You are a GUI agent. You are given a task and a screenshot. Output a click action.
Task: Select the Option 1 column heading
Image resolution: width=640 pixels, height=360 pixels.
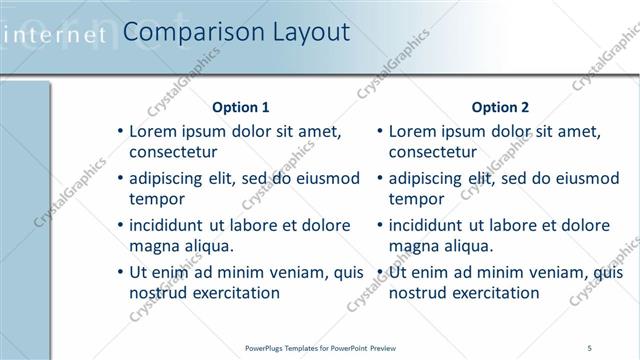point(241,107)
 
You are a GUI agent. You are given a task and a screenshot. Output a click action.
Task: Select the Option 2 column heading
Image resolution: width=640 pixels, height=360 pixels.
point(500,107)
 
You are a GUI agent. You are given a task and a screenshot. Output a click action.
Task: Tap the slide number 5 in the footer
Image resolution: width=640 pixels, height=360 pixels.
point(590,347)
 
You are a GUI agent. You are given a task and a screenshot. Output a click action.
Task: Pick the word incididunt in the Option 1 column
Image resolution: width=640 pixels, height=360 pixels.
point(169,226)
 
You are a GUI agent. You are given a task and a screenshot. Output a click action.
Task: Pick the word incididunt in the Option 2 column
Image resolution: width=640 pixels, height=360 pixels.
point(428,226)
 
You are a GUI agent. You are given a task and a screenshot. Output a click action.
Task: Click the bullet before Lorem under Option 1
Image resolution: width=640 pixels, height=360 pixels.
point(121,132)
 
